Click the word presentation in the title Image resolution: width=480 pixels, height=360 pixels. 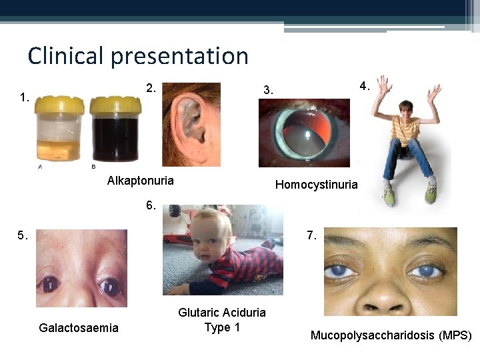[x=179, y=57]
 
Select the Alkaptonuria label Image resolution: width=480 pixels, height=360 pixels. [x=140, y=181]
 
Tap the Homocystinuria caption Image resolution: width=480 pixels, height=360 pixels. [x=316, y=185]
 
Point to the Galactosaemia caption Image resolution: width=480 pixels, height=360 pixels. [x=79, y=327]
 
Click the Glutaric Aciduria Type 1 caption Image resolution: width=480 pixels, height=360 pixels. [x=221, y=319]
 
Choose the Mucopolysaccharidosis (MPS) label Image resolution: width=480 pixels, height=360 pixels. [x=391, y=335]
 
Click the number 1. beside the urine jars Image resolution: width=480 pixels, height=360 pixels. [x=25, y=97]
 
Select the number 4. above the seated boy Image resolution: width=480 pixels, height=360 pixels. [x=365, y=86]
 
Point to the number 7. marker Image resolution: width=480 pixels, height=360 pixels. [x=311, y=235]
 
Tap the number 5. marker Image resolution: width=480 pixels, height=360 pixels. [x=23, y=235]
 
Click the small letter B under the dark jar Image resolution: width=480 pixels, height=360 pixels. [x=93, y=167]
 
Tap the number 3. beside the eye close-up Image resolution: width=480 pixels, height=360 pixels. [x=268, y=90]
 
